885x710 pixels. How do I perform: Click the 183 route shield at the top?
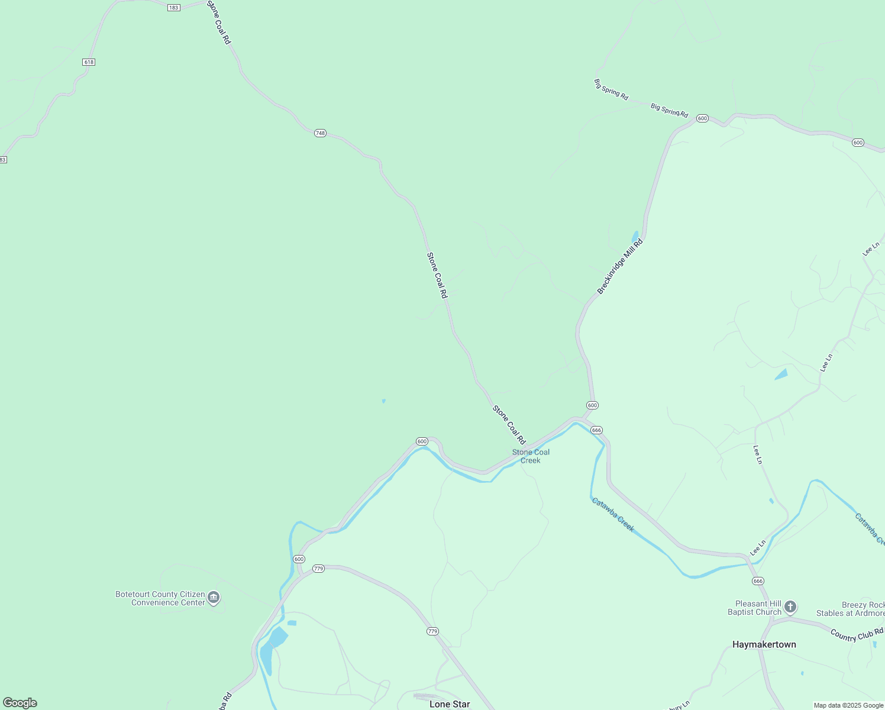(173, 8)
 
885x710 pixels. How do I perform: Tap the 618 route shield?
(89, 62)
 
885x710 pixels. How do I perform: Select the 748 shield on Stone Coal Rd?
(320, 133)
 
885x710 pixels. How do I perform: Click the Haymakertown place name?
(764, 644)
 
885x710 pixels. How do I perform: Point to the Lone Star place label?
(450, 704)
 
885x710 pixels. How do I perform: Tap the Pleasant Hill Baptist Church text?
(754, 608)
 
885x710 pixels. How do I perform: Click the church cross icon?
(790, 607)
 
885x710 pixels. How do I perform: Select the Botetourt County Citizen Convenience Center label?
(160, 598)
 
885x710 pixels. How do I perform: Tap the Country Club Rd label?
(856, 634)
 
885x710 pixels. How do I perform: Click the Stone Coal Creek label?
(531, 456)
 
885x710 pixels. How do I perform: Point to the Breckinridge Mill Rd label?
(619, 267)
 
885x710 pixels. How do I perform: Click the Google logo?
(20, 703)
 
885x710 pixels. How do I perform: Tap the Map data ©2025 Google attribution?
(848, 705)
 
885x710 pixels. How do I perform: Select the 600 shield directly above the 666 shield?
(592, 405)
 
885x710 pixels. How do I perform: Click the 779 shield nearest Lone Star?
(432, 631)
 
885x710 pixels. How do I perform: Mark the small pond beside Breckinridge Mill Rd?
(635, 237)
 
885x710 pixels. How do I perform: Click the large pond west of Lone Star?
(271, 648)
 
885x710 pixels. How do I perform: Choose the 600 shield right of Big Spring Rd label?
(702, 118)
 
